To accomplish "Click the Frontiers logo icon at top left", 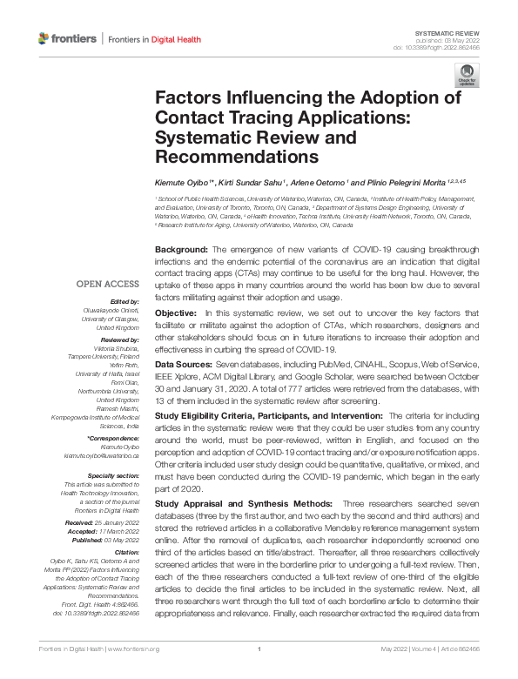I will [45, 38].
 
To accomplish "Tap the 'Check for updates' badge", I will [467, 72].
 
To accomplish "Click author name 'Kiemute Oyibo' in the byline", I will [183, 184].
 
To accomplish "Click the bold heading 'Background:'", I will [180, 249].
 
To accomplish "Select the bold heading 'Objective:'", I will [177, 313].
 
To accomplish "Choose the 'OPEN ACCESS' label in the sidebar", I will [107, 284].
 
